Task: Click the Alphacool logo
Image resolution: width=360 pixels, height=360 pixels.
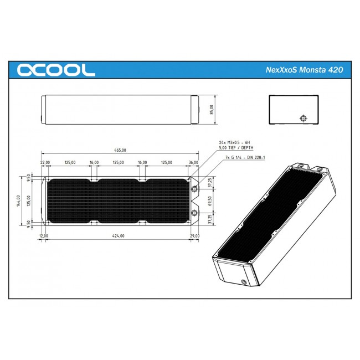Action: point(56,70)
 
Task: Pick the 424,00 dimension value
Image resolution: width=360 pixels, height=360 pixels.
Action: point(118,236)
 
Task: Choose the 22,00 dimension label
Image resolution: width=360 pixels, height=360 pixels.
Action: point(45,163)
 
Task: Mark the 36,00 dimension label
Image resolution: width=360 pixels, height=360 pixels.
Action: point(193,163)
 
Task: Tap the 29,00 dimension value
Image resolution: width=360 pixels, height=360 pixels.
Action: point(194,236)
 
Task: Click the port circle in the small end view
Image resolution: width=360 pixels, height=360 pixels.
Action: point(302,118)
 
